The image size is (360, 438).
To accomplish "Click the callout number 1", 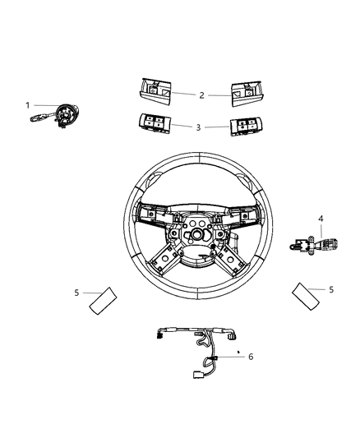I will [x=27, y=105].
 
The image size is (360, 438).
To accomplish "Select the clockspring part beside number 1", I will [x=62, y=116].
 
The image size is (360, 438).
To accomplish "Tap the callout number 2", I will [x=201, y=95].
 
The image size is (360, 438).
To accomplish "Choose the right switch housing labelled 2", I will [x=244, y=93].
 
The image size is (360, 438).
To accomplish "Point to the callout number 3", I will [x=198, y=127].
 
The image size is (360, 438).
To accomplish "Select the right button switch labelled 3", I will [x=244, y=127].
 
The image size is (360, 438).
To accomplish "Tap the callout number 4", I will [x=321, y=219].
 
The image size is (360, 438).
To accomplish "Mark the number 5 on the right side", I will [x=331, y=289].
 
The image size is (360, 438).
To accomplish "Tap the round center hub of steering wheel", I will [x=198, y=233].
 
